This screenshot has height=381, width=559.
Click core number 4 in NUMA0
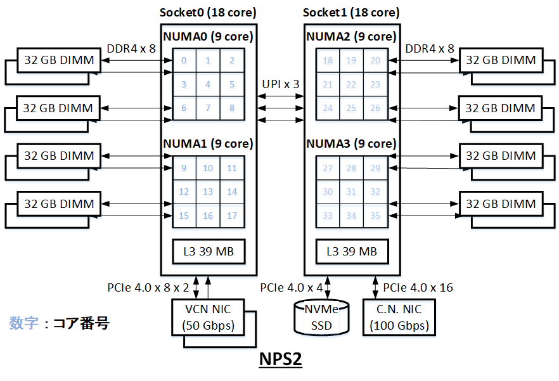tap(208, 84)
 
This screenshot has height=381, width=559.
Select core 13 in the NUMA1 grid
tap(208, 192)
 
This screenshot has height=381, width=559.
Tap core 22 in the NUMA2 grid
tap(352, 84)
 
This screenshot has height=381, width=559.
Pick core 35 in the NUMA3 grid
tap(375, 216)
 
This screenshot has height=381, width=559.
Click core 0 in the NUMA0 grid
tap(184, 61)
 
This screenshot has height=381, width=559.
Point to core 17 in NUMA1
tap(232, 216)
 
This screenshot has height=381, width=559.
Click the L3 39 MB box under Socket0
tap(209, 252)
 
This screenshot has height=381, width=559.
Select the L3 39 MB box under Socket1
tap(352, 252)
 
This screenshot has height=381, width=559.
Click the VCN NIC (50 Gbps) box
tap(209, 318)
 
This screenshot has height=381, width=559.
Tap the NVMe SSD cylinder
tap(322, 318)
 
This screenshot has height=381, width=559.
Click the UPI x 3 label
tap(281, 84)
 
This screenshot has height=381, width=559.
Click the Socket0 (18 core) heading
tap(209, 13)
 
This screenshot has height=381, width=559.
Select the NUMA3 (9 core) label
tap(352, 144)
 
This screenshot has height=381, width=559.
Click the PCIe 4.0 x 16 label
tap(418, 288)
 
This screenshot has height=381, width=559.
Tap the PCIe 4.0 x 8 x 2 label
tap(148, 288)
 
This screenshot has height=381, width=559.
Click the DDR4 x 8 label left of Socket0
tap(131, 48)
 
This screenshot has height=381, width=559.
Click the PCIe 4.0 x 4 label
tap(291, 288)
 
